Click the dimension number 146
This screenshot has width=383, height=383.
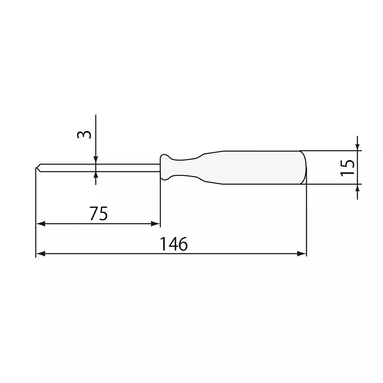pos(174,244)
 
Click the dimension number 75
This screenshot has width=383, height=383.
pos(98,214)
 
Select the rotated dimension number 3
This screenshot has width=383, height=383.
pos(85,135)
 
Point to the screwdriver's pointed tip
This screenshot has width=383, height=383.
pos(37,168)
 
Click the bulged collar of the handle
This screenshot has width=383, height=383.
pos(166,167)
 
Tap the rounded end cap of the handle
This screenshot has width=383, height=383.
pos(304,168)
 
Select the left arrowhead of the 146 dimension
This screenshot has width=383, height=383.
pos(40,254)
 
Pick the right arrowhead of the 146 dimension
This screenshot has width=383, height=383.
pos(303,254)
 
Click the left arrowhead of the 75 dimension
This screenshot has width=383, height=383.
pos(40,224)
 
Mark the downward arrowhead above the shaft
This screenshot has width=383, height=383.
pos(96,160)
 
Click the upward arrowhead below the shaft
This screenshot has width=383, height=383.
pos(96,175)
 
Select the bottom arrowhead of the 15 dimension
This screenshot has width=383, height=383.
pos(357,188)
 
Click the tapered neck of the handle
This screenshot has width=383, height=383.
pos(195,167)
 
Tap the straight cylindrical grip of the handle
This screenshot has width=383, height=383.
pos(260,168)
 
